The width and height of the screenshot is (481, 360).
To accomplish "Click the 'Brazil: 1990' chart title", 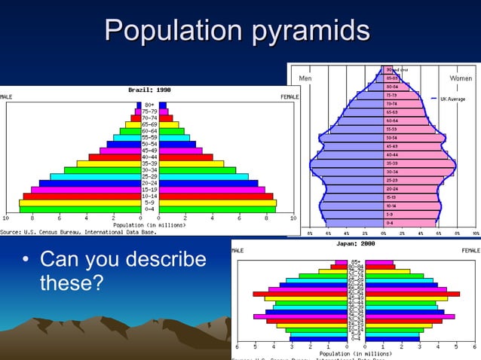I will pos(149,90).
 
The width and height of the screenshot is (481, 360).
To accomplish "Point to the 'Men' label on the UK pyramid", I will pos(305,78).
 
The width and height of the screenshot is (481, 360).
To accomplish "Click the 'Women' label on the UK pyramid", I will pos(460,78).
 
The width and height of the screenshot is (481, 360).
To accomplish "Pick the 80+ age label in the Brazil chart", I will pos(149,105).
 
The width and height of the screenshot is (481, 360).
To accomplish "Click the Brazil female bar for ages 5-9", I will pos(217,203).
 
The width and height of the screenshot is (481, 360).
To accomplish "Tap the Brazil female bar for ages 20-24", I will pos(207,183).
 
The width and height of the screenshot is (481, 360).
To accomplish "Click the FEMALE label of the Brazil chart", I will pos(290,96).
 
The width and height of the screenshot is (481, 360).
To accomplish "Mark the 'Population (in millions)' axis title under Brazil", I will pos(149,224).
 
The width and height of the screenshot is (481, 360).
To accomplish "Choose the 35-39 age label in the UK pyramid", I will pos(392,163).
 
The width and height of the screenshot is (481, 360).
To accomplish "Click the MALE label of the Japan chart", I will pos(240,251).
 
